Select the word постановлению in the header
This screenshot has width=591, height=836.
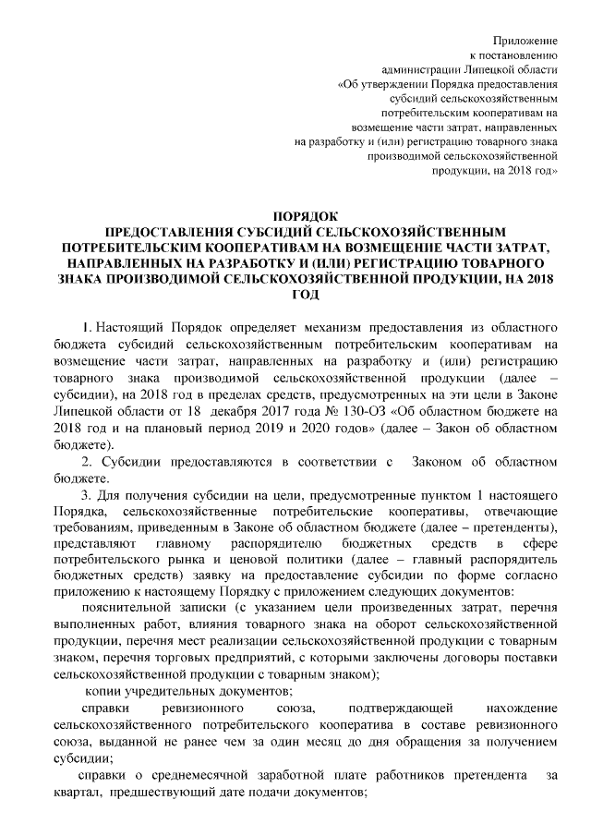click(x=522, y=56)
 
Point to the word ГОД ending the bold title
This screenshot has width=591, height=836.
click(x=295, y=295)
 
